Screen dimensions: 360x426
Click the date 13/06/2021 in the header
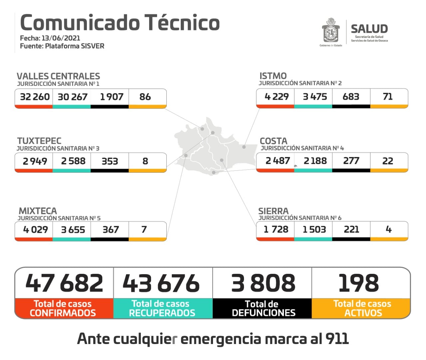pos(61,38)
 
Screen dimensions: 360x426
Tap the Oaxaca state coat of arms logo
pos(330,31)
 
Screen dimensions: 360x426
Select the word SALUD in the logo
pos(369,29)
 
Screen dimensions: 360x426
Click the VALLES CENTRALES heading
pos(58,76)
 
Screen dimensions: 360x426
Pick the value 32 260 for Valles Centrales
pos(35,97)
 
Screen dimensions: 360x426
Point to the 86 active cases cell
pos(145,97)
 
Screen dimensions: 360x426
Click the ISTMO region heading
pos(273,76)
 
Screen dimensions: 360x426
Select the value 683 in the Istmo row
pos(351,96)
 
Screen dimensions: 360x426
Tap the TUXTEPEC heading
pos(39,141)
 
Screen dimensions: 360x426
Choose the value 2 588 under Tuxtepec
pos(73,161)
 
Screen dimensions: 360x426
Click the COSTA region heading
pos(273,141)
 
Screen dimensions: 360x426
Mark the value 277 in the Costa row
pos(351,161)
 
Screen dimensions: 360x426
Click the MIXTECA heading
pos(38,211)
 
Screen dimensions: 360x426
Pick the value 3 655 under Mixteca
pos(73,230)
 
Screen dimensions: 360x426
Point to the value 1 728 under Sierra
pos(276,229)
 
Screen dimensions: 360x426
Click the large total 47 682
pos(64,283)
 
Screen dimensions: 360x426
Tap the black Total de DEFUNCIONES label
pos(263,308)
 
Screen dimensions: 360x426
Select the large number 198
pos(358,283)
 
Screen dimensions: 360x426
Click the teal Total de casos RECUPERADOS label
pos(162,308)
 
